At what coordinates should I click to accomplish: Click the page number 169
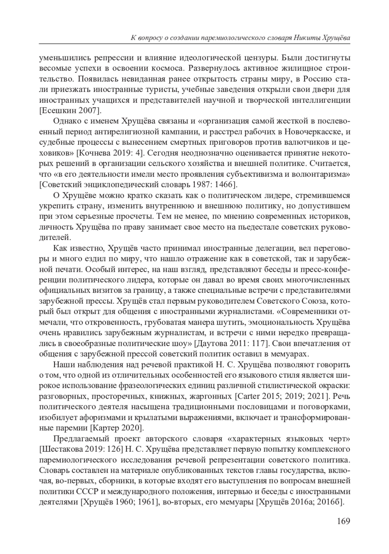coord(343,521)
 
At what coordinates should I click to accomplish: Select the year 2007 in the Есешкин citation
coord(87,110)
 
